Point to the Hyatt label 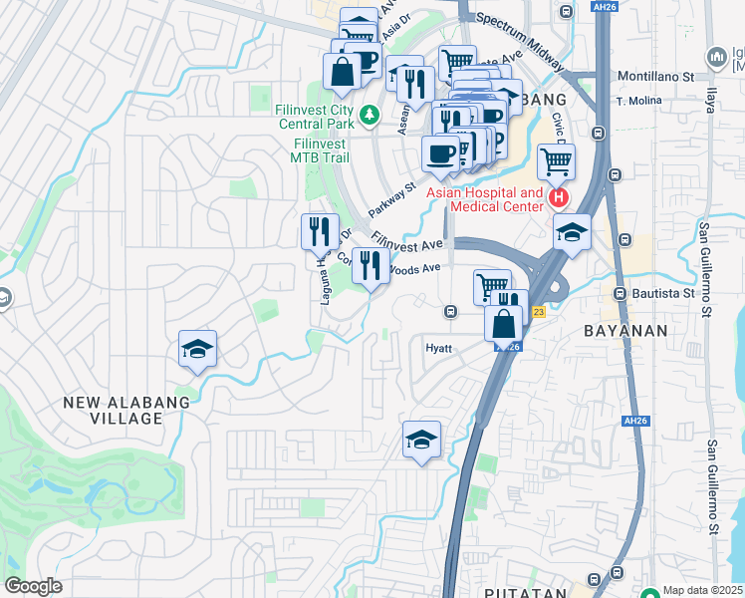click(x=439, y=349)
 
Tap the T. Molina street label click(x=639, y=102)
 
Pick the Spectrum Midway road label click(x=514, y=33)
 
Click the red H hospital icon click(x=558, y=198)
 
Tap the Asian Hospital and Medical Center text click(x=485, y=199)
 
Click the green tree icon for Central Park click(x=370, y=117)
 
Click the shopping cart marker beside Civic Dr click(x=556, y=159)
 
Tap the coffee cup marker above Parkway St click(x=441, y=153)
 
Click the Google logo click(x=33, y=586)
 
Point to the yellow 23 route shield click(x=538, y=312)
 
